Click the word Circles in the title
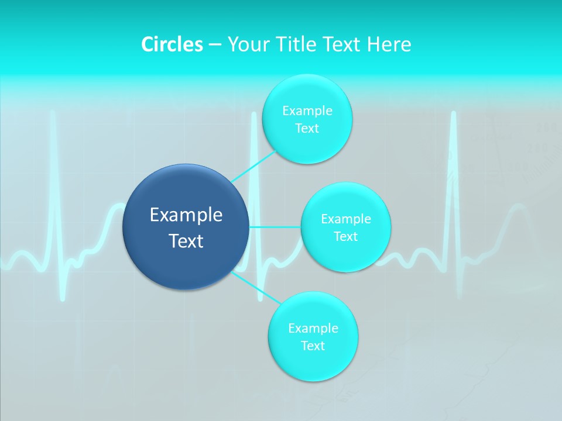pos(172,44)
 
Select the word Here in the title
pos(389,44)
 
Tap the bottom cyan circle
pos(313,363)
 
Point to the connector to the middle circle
pos(275,226)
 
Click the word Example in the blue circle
pos(186,215)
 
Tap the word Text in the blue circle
pos(186,241)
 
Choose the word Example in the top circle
pos(307,111)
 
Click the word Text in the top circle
pos(307,128)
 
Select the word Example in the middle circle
pos(345,219)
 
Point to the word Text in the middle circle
pos(345,236)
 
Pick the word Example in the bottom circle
pos(313,328)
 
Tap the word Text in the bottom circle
pos(313,346)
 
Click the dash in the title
pos(214,45)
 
